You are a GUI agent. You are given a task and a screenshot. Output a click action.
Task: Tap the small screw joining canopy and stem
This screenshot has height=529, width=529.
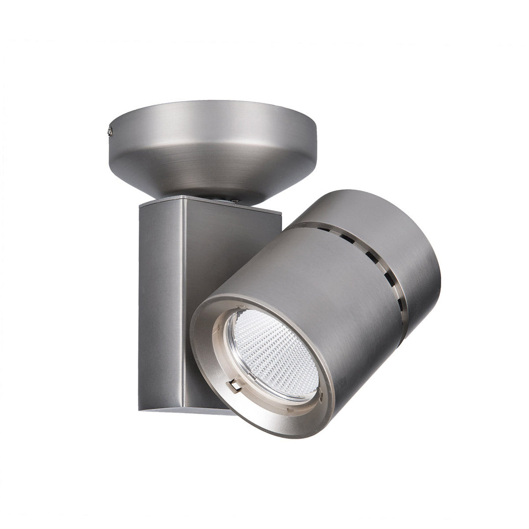[234, 200]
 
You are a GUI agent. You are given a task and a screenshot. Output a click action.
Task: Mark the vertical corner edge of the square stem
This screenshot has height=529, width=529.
[184, 304]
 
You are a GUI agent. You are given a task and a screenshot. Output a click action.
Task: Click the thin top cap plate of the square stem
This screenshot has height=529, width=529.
[211, 204]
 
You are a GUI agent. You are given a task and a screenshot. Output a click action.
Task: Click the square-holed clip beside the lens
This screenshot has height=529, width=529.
[236, 385]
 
